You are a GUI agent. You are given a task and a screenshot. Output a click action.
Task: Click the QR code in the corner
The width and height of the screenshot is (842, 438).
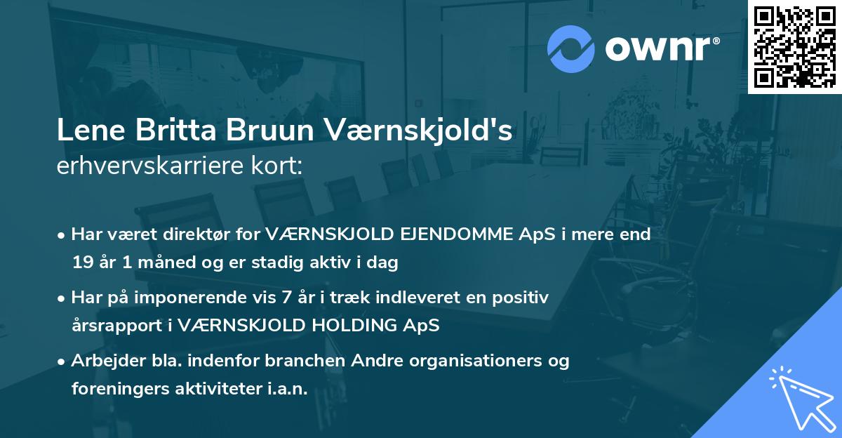coord(794,46)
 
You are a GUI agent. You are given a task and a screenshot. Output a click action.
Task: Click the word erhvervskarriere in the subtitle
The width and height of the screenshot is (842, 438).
coord(152,166)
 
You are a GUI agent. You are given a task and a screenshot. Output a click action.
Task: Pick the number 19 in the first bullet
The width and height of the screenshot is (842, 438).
coord(83,263)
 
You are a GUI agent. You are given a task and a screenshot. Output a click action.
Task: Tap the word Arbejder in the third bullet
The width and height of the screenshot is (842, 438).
coord(103,361)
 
